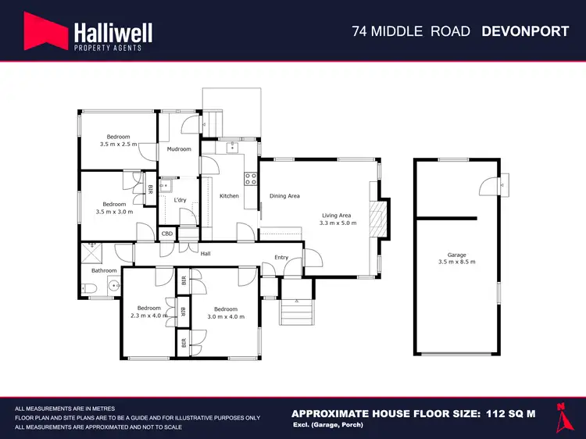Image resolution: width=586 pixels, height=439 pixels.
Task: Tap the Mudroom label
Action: [179, 148]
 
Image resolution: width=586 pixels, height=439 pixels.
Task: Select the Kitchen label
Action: [229, 196]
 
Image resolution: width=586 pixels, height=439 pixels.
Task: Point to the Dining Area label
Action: [284, 196]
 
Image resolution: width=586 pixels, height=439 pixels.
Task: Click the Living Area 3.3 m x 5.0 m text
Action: [338, 219]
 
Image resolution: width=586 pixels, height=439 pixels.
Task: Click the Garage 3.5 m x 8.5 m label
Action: [456, 257]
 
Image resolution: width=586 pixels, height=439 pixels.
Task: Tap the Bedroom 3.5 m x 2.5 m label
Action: [118, 141]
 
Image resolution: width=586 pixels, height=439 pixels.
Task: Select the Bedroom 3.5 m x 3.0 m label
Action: [114, 208]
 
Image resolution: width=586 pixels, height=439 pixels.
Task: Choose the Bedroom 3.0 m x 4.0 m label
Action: [226, 312]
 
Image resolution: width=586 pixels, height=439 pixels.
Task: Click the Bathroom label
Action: [104, 270]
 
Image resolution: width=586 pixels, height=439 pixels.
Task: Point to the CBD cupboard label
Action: [167, 234]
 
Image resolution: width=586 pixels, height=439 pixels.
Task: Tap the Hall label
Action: [205, 253]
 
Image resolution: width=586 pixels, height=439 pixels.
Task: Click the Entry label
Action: [281, 258]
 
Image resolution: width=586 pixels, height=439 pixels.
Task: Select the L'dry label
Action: [180, 201]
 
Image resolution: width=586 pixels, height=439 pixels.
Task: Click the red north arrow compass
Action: [560, 416]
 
